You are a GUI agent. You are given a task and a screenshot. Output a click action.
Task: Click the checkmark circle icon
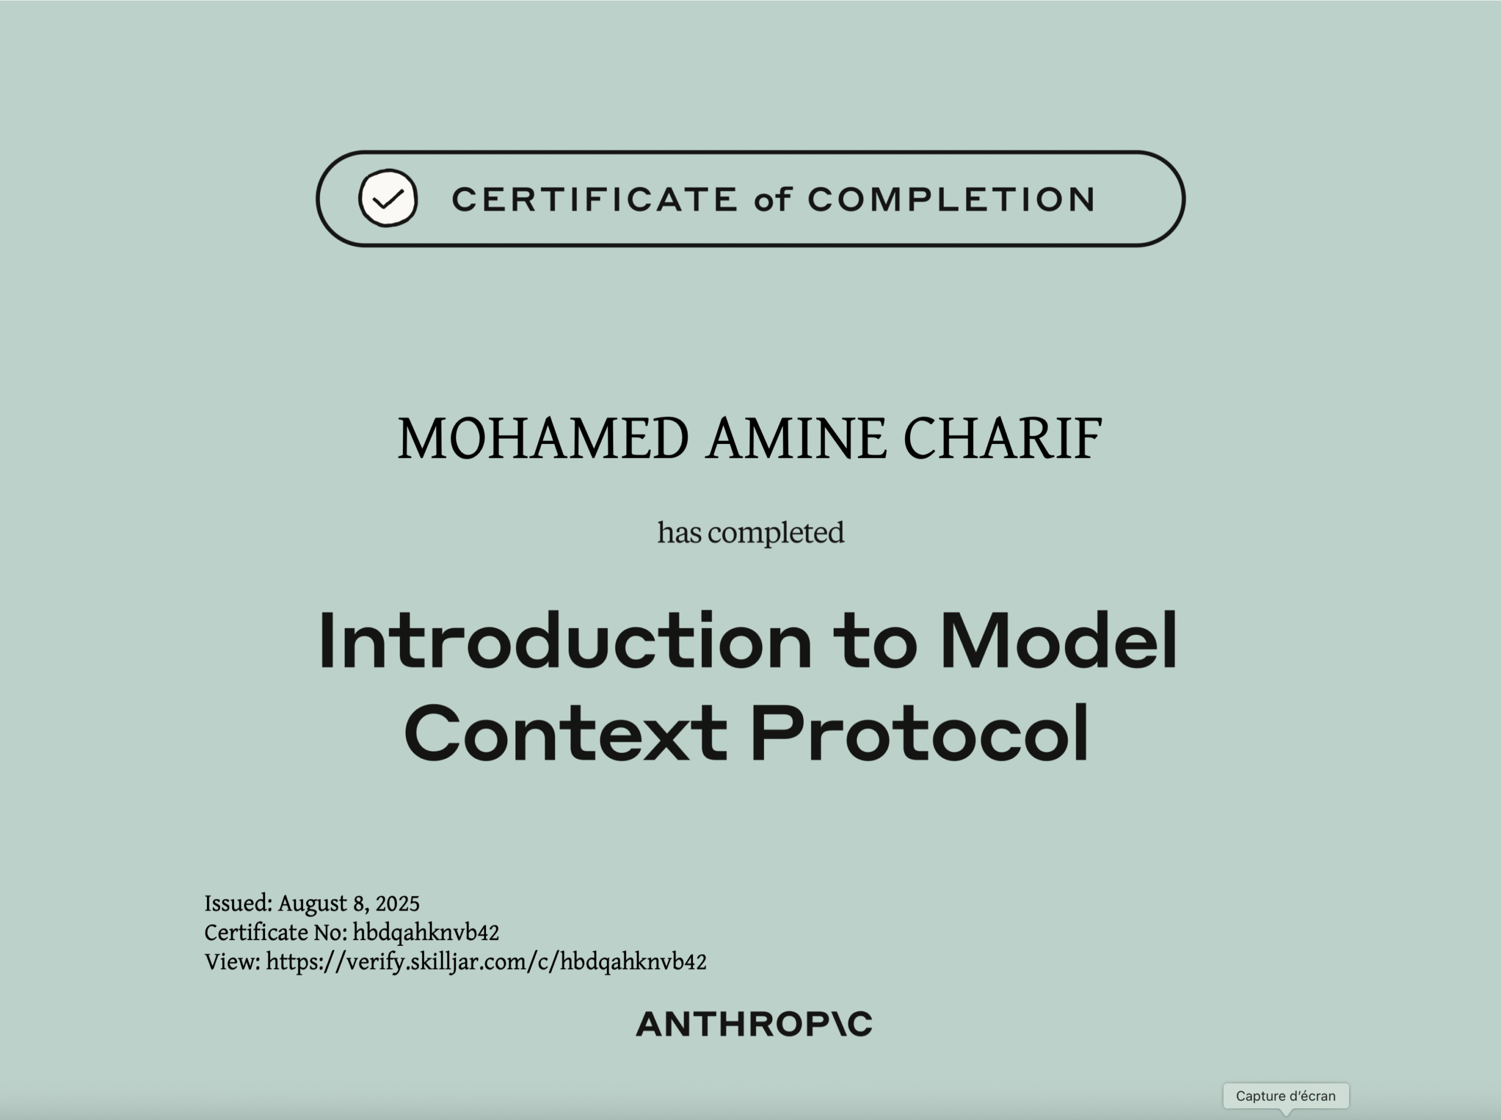(388, 198)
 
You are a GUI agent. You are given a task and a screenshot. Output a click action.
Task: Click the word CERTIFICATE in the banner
(595, 199)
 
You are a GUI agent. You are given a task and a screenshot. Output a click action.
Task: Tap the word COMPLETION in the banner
(951, 199)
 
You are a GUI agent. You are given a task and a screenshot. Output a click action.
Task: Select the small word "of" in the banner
(772, 199)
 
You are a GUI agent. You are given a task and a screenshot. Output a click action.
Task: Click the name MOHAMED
(543, 439)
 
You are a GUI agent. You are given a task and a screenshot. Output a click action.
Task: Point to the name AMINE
(796, 439)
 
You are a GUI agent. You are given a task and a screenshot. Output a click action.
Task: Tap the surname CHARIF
(1003, 439)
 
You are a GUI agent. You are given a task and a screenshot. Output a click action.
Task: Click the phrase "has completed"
(750, 533)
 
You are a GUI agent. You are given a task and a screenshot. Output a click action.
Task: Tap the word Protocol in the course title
(920, 733)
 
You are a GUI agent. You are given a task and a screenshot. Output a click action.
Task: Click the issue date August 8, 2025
(348, 904)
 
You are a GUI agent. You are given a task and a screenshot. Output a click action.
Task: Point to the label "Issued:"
(239, 904)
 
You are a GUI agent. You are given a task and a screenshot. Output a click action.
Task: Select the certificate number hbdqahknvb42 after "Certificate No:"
(426, 933)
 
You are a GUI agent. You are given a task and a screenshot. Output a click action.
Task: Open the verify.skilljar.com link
(486, 963)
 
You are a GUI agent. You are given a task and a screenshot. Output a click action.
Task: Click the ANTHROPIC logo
(754, 1024)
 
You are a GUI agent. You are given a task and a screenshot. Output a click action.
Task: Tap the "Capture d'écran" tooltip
(1285, 1095)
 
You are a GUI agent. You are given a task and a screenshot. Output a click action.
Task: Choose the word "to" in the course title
(876, 643)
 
